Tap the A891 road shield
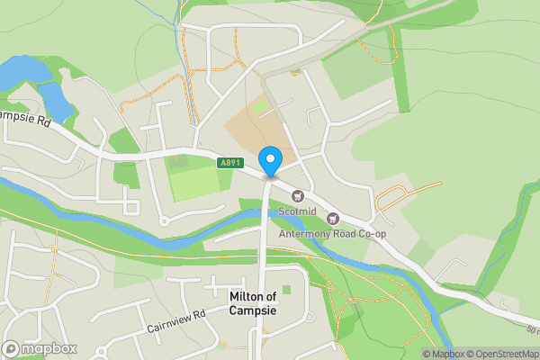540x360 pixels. coord(229,162)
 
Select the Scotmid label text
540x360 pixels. coord(297,212)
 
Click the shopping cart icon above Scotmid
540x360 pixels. coord(298,196)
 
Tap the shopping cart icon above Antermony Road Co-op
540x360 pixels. coord(333,219)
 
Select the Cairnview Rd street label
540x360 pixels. coord(176,324)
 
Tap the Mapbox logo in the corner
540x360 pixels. coord(40,348)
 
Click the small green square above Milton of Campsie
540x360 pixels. coord(286,290)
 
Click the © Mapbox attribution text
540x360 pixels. coord(445,354)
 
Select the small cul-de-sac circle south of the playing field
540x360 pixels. coord(164,220)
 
